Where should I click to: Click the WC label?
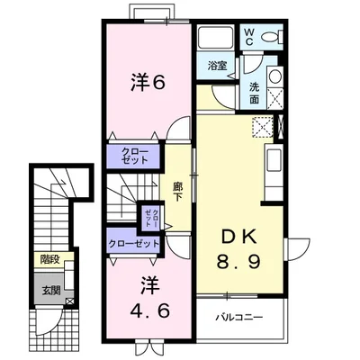click(249, 37)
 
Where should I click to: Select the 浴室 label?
click(217, 66)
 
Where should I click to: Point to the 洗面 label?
click(254, 93)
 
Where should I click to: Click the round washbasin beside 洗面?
click(274, 76)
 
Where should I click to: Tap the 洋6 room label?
click(148, 83)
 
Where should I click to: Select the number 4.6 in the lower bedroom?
click(150, 310)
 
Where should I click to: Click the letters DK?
click(239, 238)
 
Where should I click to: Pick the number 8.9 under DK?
click(238, 261)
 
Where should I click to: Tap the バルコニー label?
click(239, 317)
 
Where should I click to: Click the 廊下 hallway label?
click(177, 192)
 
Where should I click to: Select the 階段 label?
click(49, 259)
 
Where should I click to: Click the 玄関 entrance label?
click(51, 290)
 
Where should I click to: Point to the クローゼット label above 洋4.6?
click(134, 243)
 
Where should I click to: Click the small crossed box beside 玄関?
click(69, 301)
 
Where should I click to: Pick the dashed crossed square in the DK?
click(263, 127)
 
